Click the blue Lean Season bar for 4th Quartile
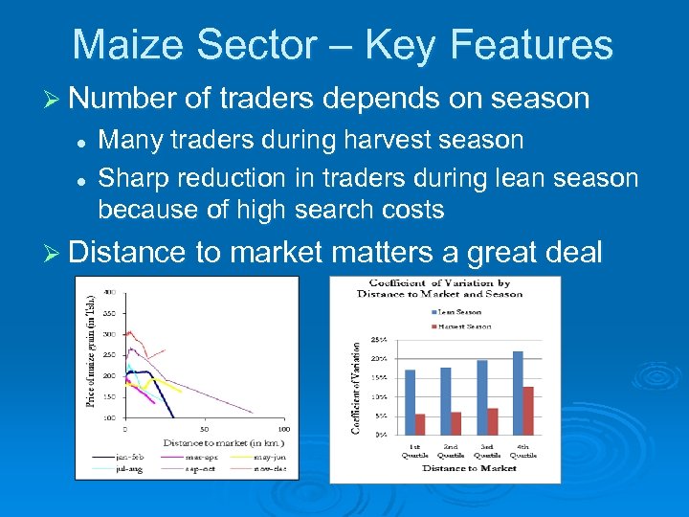tap(518, 393)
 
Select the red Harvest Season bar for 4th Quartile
tap(528, 411)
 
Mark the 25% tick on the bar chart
tap(380, 340)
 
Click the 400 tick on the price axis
tap(110, 291)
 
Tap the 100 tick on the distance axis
tap(283, 428)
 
